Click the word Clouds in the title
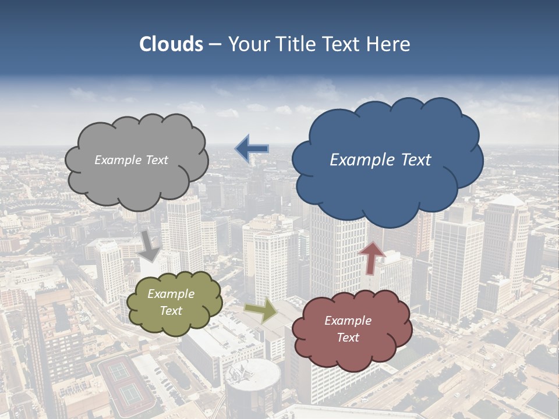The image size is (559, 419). pyautogui.click(x=171, y=44)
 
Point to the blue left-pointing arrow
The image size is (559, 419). pyautogui.click(x=252, y=149)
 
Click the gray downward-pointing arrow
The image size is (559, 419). pyautogui.click(x=150, y=244)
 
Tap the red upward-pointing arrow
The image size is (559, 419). pyautogui.click(x=372, y=257)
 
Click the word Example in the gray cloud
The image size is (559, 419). pyautogui.click(x=116, y=160)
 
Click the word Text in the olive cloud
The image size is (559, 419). pyautogui.click(x=171, y=311)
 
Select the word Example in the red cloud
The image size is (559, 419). pyautogui.click(x=348, y=321)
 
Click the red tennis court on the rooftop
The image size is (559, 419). pyautogui.click(x=126, y=381)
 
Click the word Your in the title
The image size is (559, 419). pyautogui.click(x=246, y=44)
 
